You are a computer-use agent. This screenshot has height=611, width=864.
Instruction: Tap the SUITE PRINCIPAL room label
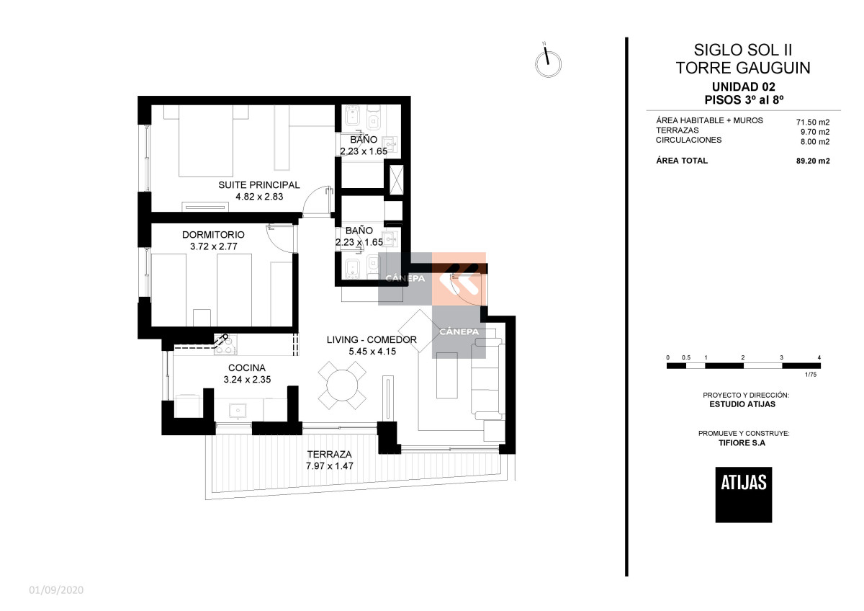259,185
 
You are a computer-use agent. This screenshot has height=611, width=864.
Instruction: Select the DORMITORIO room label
213,235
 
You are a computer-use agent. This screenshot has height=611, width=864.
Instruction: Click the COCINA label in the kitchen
246,368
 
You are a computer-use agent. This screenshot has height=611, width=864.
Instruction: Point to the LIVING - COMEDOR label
372,339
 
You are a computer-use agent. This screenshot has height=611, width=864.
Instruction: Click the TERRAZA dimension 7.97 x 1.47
330,466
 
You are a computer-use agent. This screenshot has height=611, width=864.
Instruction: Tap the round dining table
342,385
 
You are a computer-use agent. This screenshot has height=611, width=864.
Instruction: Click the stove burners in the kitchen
225,344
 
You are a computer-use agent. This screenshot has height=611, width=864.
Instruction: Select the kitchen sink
238,410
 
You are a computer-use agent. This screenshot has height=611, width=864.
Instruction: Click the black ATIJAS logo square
744,495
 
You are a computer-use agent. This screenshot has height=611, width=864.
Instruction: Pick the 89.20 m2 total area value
813,161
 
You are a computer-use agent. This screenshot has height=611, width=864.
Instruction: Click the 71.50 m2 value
813,122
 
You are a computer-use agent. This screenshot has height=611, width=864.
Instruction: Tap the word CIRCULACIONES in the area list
688,140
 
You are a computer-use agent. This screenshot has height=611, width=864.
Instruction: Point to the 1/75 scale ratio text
811,375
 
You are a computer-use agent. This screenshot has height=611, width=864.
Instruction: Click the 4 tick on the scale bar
819,357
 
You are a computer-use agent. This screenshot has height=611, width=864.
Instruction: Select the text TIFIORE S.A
742,442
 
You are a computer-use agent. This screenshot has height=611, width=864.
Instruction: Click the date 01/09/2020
56,590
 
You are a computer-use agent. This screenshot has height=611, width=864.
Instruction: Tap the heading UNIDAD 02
742,86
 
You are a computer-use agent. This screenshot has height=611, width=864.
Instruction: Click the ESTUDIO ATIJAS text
742,404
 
